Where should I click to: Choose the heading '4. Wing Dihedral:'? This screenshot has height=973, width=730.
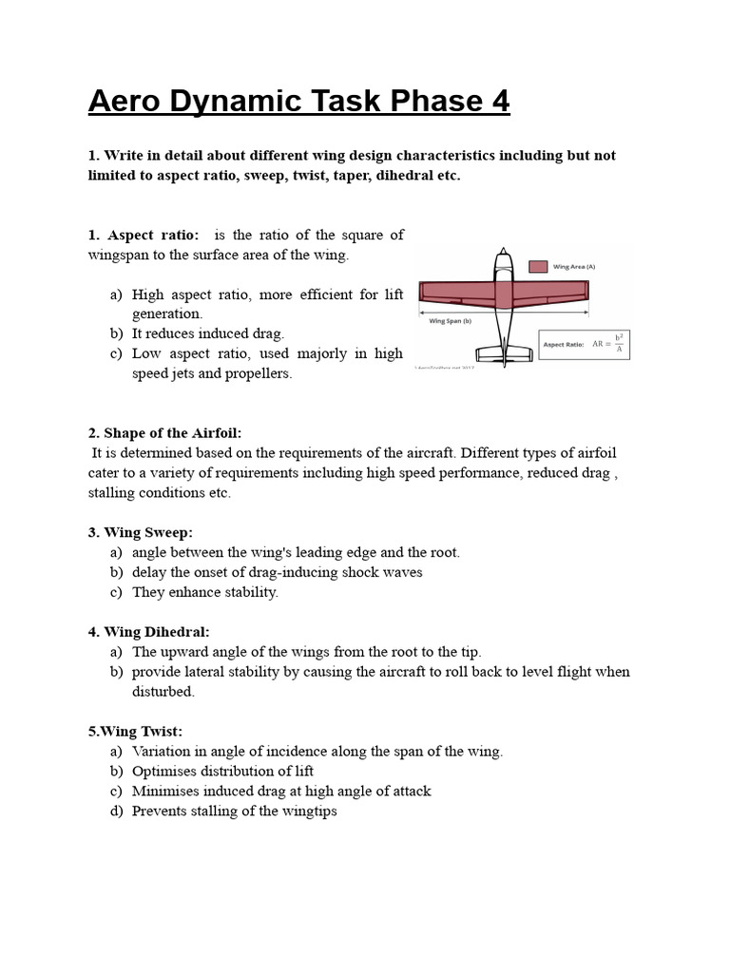tap(149, 632)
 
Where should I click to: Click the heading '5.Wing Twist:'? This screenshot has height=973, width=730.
tap(135, 731)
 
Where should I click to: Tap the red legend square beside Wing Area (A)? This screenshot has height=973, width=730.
tap(538, 267)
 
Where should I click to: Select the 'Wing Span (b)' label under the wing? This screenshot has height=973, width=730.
tap(451, 321)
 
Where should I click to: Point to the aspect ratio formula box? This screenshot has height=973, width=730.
tap(584, 344)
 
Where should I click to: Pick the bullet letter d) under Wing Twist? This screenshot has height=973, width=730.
tap(116, 811)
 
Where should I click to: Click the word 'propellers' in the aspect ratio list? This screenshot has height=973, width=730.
tap(257, 373)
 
